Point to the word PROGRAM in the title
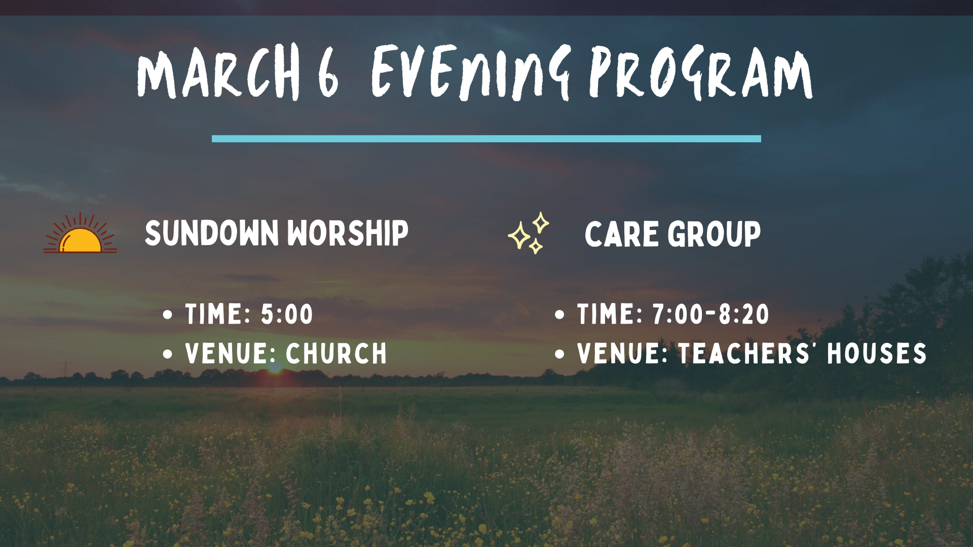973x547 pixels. (x=701, y=72)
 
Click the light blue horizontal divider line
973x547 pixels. (x=486, y=138)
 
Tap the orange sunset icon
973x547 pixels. (x=80, y=233)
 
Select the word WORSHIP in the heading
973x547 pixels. (x=348, y=233)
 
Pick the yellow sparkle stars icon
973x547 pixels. (x=529, y=232)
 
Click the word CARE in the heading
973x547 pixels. (x=622, y=234)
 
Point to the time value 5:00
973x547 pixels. (x=287, y=314)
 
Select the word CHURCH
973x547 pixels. (x=336, y=354)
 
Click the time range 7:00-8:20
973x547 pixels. (x=711, y=314)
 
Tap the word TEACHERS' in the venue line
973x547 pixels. (x=746, y=354)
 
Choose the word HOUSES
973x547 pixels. (x=877, y=354)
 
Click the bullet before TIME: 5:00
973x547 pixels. (x=168, y=315)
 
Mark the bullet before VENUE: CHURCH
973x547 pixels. (x=168, y=354)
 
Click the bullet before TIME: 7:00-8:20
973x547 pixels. (x=559, y=315)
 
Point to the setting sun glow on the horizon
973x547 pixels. (x=275, y=368)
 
